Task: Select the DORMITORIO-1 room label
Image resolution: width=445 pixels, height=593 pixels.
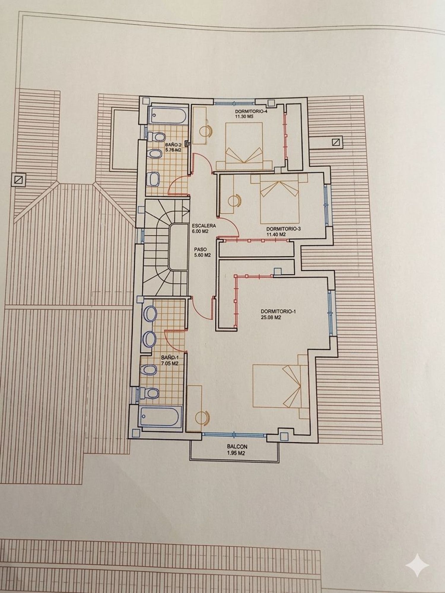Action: pos(278,311)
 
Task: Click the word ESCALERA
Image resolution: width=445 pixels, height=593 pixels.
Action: pos(204,226)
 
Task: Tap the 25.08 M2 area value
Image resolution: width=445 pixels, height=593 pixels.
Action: pos(271,317)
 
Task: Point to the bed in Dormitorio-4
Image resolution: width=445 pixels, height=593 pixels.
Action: pos(244,146)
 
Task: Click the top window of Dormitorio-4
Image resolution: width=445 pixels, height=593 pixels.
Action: pos(234,103)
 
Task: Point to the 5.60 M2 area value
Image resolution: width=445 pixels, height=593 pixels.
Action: pos(201,255)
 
